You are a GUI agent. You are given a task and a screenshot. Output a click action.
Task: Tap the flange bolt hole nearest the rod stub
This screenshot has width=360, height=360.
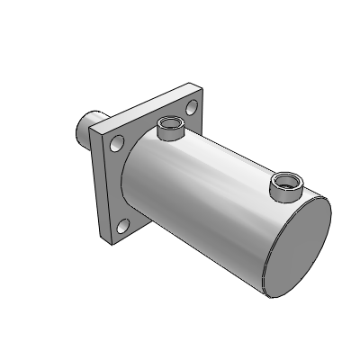[x=117, y=141]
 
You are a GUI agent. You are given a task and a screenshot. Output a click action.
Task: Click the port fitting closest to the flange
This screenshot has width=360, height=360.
[x=168, y=128]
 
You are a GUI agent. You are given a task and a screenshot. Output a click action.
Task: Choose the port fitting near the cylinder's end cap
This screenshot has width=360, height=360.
[x=287, y=184]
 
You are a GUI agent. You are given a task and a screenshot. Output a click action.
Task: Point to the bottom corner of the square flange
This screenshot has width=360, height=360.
[x=112, y=243]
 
